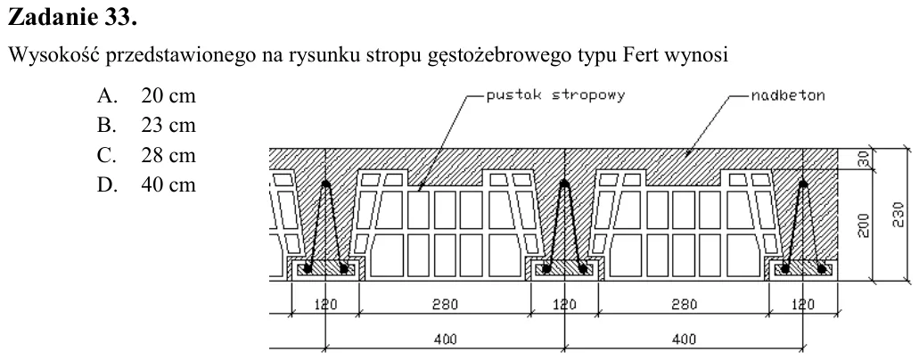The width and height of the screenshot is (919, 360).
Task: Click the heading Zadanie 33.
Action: (72, 18)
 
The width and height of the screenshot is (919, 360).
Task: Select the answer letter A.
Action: (104, 95)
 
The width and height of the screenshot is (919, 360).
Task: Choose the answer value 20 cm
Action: (168, 95)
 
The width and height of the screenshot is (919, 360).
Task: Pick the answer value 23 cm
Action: (168, 126)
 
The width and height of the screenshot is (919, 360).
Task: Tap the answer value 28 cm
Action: (168, 155)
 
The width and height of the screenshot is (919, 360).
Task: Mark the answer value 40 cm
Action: (168, 185)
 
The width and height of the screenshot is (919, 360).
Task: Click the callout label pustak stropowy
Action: (555, 95)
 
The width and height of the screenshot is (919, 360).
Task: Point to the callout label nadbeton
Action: (788, 95)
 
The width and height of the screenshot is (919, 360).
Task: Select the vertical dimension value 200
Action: (864, 225)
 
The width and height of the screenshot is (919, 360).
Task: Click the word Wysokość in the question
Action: (52, 56)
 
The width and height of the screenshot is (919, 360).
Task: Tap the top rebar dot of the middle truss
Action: (564, 184)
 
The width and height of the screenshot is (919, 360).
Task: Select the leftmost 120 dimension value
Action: (325, 304)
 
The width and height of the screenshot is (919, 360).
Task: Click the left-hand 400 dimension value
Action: (446, 340)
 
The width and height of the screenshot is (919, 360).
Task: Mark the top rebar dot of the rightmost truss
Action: (803, 184)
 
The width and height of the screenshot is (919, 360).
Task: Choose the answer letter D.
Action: (104, 185)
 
